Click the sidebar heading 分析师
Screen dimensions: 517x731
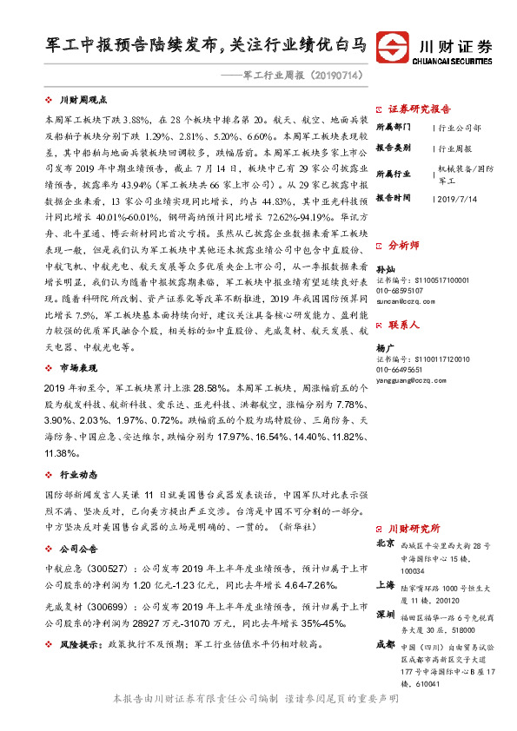click(x=404, y=246)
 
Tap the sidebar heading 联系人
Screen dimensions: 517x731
click(x=404, y=325)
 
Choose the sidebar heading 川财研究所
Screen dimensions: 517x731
click(x=414, y=528)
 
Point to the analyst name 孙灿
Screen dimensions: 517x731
click(x=385, y=269)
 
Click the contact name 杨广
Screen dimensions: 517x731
click(x=385, y=346)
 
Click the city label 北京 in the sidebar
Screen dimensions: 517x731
click(x=385, y=543)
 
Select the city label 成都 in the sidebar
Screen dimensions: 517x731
click(x=385, y=644)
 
